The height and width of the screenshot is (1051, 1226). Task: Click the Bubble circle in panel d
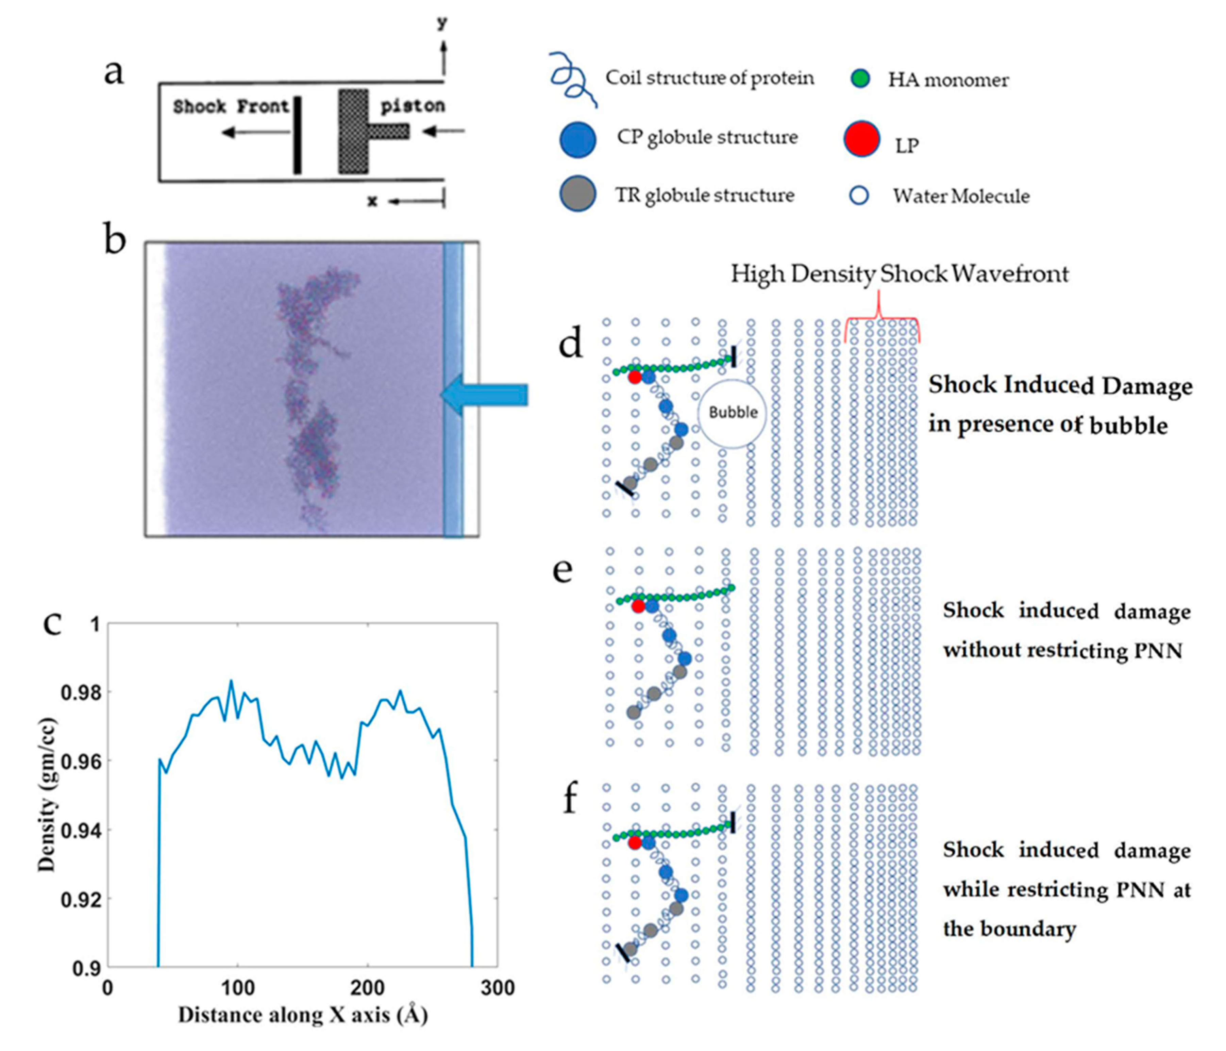733,413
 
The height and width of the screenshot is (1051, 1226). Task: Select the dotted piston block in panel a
354,131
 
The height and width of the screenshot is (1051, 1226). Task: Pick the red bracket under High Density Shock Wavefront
881,322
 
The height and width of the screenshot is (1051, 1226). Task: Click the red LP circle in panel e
638,606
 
